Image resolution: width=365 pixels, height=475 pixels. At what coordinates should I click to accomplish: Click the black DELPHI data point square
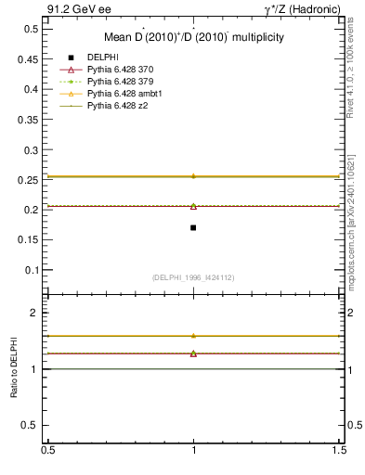pos(193,227)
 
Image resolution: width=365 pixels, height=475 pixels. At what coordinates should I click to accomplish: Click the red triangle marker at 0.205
pos(193,206)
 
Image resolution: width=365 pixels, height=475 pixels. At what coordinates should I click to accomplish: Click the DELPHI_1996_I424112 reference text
pos(193,277)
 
